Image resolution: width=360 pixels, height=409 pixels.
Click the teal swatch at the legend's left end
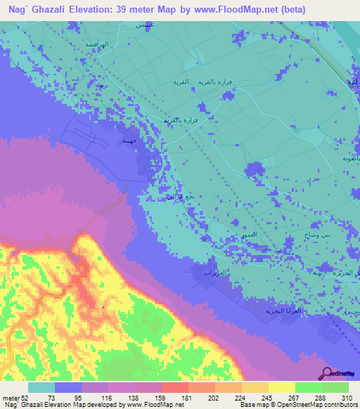(x=41, y=387)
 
